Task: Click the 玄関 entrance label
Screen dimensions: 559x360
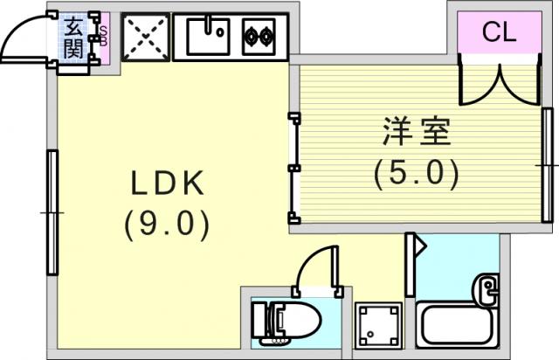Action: [x=73, y=38]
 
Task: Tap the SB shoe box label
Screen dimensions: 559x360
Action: [x=103, y=36]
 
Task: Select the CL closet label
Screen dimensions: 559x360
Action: [x=499, y=32]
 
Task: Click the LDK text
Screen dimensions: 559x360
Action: [x=168, y=183]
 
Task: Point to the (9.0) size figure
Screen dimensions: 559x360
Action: [x=167, y=225]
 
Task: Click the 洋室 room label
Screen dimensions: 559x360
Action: [x=417, y=131]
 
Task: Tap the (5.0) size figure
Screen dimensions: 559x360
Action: [x=416, y=174]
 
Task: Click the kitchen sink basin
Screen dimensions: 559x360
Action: [x=208, y=37]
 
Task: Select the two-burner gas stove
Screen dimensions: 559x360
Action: [x=259, y=37]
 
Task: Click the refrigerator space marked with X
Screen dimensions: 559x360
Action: [x=146, y=37]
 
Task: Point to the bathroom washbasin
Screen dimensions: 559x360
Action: [x=486, y=289]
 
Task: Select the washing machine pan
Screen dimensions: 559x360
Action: [x=378, y=326]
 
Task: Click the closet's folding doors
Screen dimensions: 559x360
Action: [x=500, y=84]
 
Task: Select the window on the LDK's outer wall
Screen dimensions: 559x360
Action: [x=52, y=212]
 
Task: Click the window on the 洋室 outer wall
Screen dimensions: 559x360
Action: [x=548, y=165]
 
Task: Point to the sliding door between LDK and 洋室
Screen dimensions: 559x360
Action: [x=294, y=168]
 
